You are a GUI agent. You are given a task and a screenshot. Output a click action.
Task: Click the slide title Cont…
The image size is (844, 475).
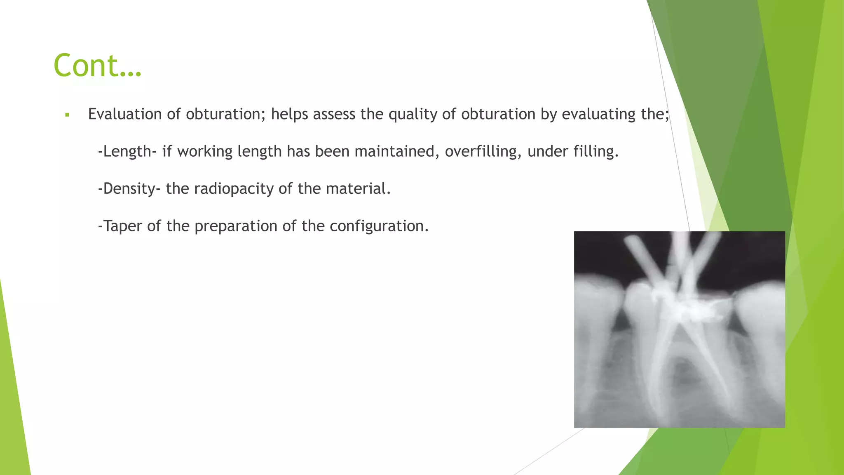coord(98,66)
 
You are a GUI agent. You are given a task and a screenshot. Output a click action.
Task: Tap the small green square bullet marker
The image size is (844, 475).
coord(67,115)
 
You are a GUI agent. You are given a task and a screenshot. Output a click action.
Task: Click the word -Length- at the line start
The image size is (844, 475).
coord(127,151)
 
